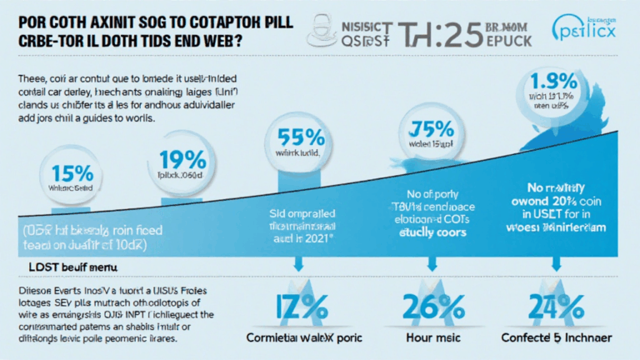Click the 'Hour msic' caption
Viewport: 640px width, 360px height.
(432, 340)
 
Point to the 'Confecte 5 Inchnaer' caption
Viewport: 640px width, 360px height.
(560, 340)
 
